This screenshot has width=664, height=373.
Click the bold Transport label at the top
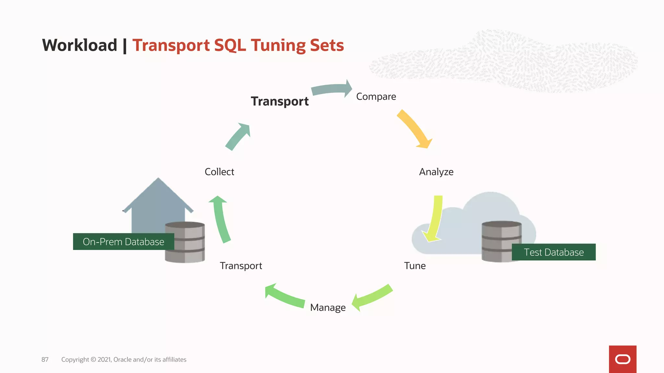click(279, 101)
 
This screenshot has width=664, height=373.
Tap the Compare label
click(376, 96)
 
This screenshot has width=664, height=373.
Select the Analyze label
click(436, 172)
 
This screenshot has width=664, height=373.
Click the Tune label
click(415, 266)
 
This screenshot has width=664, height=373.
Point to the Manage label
click(328, 307)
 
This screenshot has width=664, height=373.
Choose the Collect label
click(219, 172)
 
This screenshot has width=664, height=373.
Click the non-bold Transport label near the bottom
click(241, 266)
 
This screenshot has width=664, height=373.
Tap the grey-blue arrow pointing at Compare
click(331, 89)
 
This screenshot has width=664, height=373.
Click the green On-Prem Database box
click(123, 242)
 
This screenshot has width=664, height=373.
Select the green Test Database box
click(553, 252)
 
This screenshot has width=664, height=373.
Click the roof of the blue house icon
click(158, 194)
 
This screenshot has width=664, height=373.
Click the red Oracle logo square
click(622, 359)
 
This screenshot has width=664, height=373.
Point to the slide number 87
click(45, 359)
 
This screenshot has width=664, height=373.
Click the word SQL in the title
click(230, 45)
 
